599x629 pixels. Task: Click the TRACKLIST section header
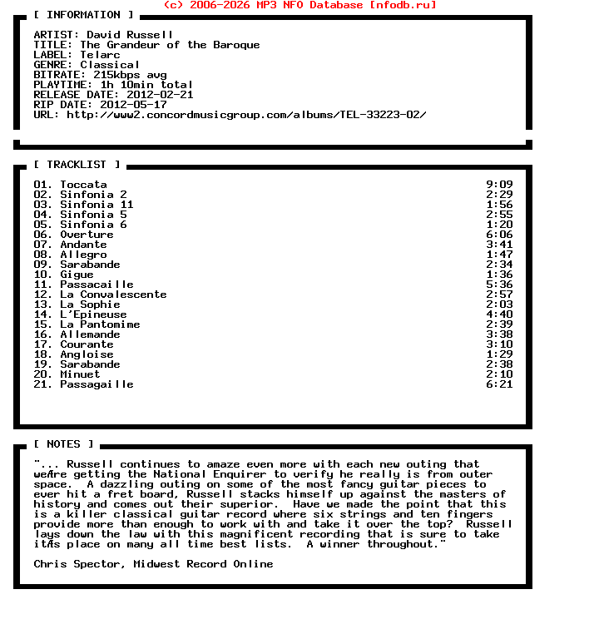pos(77,165)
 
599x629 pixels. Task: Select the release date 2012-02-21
pos(160,95)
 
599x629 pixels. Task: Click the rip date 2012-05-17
pos(133,105)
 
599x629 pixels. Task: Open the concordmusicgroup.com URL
pos(246,115)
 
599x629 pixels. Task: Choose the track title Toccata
pos(83,185)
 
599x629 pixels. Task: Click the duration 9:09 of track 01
pos(499,185)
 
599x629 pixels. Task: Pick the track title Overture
pos(87,235)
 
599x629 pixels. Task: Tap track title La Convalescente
pos(113,295)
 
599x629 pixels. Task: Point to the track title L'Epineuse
pos(93,314)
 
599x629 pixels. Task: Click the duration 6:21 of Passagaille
pos(499,384)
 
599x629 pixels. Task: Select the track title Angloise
pos(87,354)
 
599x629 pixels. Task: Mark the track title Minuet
pos(80,374)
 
